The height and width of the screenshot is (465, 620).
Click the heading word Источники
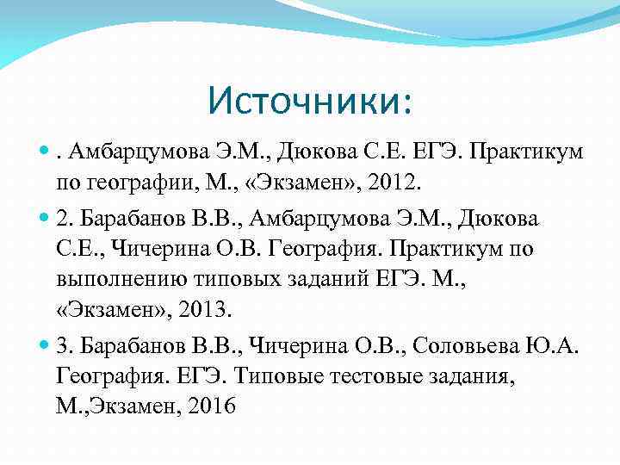308,102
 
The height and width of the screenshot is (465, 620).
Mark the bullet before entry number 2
45,220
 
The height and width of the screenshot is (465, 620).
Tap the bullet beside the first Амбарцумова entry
45,154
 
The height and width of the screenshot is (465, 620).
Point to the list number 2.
62,219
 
